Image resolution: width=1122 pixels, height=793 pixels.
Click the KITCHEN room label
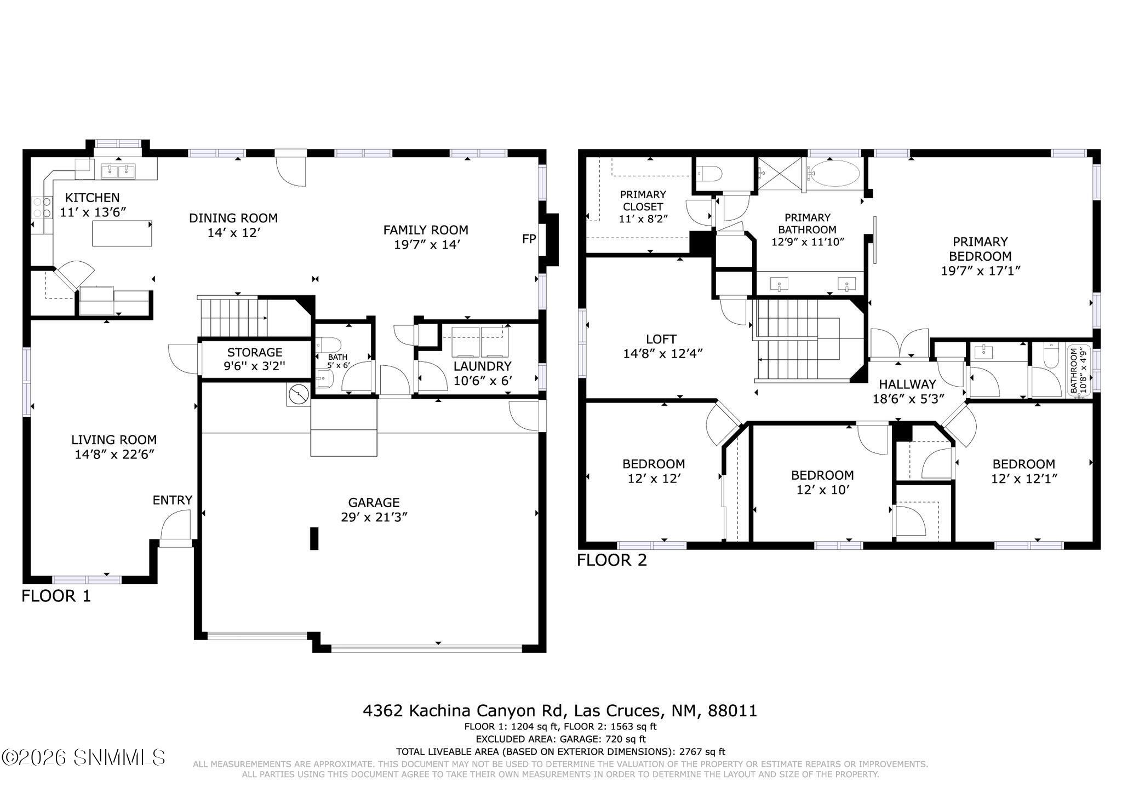[92, 198]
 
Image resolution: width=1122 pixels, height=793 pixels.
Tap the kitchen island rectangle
[122, 233]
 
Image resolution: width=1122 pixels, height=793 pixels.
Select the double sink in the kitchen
[118, 171]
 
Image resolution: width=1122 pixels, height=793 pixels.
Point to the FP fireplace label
[529, 239]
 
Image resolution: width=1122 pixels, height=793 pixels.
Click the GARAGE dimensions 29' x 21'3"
[374, 517]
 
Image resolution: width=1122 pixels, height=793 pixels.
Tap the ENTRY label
[172, 500]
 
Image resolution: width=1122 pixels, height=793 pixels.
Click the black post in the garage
[314, 538]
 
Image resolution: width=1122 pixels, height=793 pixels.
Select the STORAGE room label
[255, 352]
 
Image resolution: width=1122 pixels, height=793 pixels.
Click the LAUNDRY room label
[482, 366]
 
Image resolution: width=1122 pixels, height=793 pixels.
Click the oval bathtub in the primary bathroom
[834, 174]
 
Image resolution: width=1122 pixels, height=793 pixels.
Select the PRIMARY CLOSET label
[643, 200]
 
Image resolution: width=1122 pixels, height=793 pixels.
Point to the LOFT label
[661, 339]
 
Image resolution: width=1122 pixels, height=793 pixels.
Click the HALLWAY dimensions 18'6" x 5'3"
[909, 399]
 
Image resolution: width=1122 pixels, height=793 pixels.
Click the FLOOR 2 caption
[611, 560]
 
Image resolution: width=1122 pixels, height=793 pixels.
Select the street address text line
[560, 711]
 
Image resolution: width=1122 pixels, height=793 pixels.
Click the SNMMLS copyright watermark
[83, 757]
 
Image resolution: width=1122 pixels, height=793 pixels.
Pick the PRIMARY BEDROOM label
[980, 249]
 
